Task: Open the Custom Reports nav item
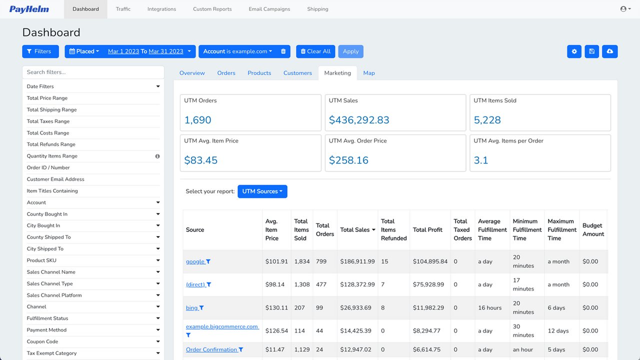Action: click(x=212, y=9)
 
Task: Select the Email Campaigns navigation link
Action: click(x=269, y=9)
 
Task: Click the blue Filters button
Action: click(x=40, y=51)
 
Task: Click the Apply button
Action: click(x=350, y=51)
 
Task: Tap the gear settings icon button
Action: click(x=574, y=51)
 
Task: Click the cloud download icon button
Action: click(x=609, y=51)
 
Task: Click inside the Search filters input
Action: click(x=93, y=72)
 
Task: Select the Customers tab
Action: click(x=297, y=73)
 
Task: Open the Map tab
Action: click(x=369, y=73)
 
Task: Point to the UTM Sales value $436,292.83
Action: click(x=359, y=120)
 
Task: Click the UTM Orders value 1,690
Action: click(x=197, y=120)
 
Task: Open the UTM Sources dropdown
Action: click(x=262, y=191)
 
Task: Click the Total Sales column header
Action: click(x=355, y=230)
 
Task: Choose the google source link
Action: click(x=195, y=261)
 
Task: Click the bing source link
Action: click(x=192, y=308)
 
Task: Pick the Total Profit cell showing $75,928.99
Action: click(x=428, y=284)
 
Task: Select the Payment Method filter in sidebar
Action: click(x=47, y=330)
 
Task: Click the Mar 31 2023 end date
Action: click(x=166, y=51)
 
